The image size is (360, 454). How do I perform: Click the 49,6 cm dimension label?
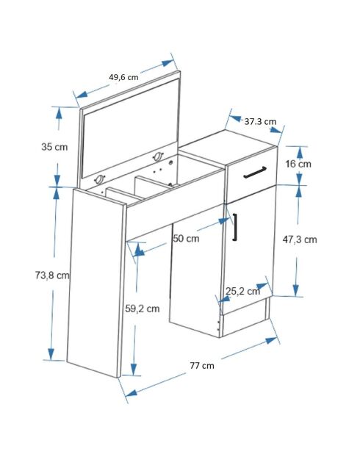click(x=123, y=77)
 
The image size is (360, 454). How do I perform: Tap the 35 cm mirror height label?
click(x=54, y=147)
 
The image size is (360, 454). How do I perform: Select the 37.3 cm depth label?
click(x=260, y=121)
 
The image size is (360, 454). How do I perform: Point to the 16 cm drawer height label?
click(x=298, y=164)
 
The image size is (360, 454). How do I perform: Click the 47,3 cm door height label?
click(x=300, y=239)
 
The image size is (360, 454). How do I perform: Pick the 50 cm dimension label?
click(x=186, y=239)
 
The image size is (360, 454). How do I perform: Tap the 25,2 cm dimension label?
click(x=242, y=291)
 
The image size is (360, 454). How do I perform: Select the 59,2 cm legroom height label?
click(x=143, y=309)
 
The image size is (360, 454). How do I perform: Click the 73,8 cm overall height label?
click(x=52, y=275)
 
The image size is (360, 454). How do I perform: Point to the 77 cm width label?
click(x=202, y=366)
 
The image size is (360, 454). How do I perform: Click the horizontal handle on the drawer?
click(x=255, y=172)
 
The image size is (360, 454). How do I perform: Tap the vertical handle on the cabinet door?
click(x=235, y=227)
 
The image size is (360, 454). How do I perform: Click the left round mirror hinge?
click(x=99, y=180)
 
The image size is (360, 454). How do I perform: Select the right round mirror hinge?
click(x=158, y=156)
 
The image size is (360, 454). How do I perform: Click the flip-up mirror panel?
click(x=130, y=127)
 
